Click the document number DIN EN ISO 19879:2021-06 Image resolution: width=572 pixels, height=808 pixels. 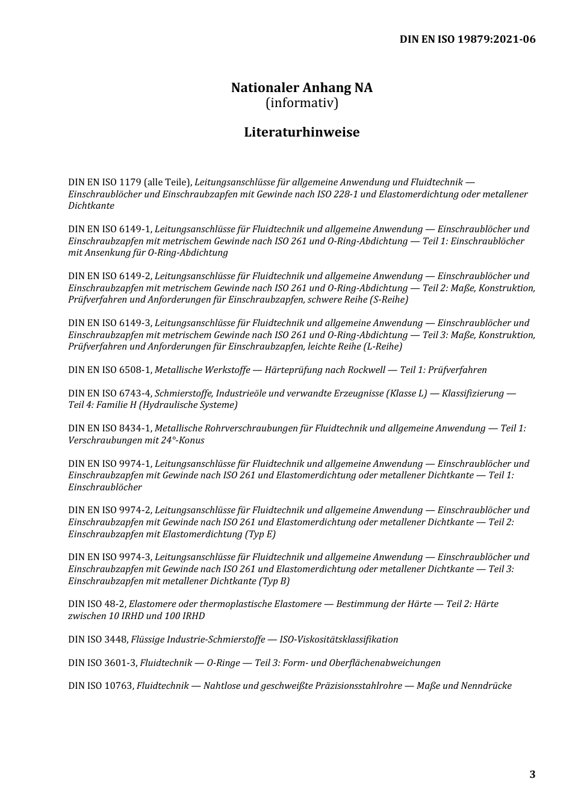point(467,40)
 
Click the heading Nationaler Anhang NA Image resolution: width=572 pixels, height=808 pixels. point(302,88)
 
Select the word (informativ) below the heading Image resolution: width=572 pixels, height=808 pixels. point(302,103)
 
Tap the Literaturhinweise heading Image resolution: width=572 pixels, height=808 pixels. point(302,132)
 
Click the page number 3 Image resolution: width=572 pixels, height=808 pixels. point(532,774)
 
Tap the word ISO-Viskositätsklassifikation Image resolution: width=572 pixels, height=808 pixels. point(339,640)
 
